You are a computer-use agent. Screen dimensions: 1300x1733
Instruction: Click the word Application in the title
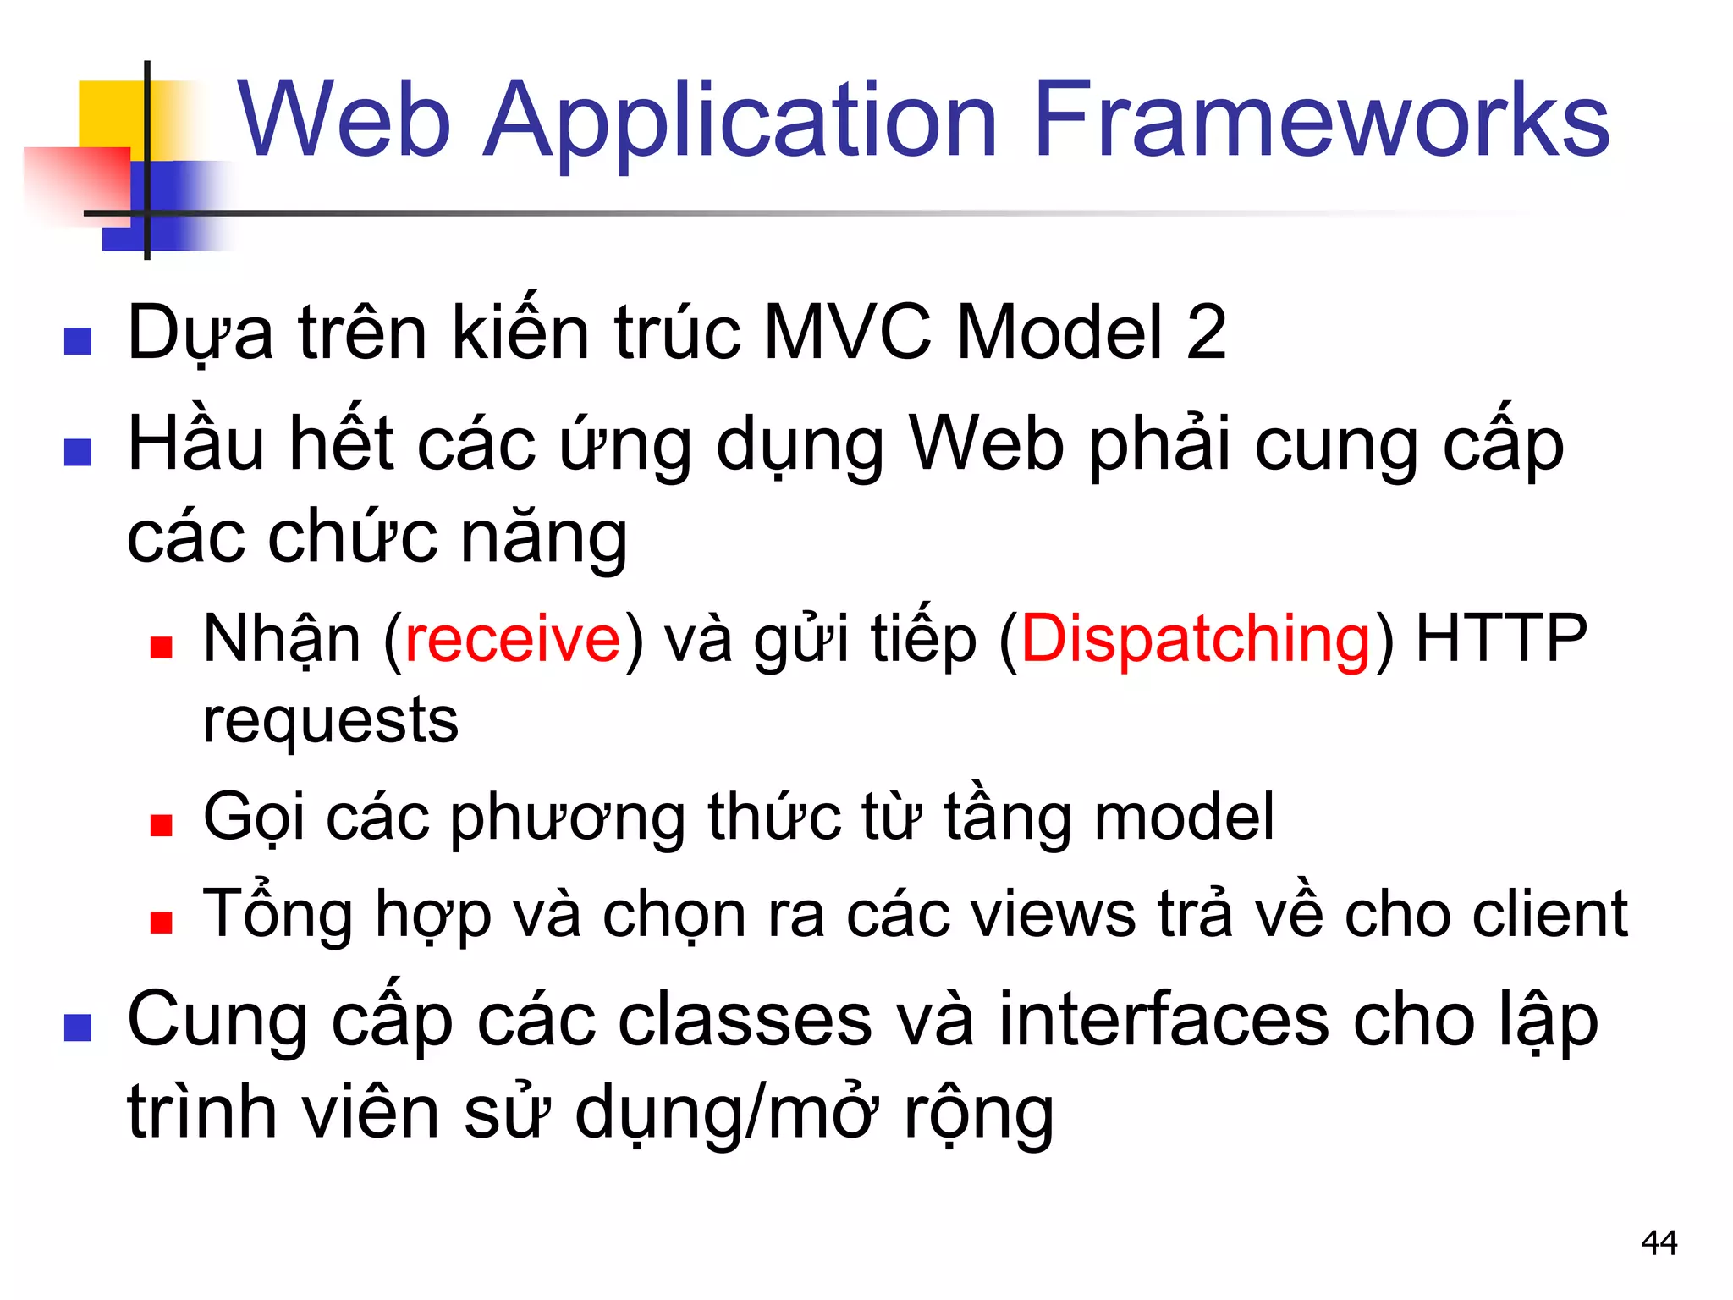pos(740,120)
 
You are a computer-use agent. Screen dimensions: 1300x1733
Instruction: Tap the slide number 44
pos(1659,1243)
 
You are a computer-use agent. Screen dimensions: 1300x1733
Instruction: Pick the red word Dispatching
pos(1195,639)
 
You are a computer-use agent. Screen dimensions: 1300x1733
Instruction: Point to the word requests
pos(330,722)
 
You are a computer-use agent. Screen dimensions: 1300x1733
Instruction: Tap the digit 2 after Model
pos(1206,333)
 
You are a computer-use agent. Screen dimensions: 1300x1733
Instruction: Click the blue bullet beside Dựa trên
pos(78,341)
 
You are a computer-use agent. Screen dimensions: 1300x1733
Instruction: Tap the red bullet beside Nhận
pos(161,647)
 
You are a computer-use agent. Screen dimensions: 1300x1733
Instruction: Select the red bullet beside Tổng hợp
pos(161,922)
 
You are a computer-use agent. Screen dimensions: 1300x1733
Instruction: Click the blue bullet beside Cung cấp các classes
pos(78,1027)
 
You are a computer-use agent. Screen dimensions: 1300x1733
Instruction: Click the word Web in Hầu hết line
pos(986,445)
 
